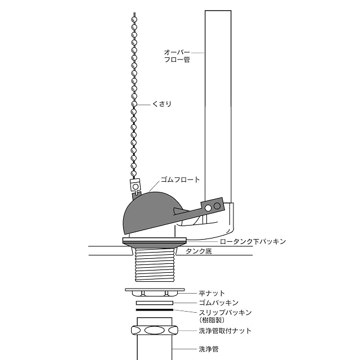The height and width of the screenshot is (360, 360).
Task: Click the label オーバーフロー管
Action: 177,56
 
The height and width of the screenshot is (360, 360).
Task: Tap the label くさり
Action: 162,104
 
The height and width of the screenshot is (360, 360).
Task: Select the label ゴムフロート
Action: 180,179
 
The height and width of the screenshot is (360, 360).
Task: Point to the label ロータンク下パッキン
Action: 253,241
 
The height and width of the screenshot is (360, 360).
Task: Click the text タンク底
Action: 199,251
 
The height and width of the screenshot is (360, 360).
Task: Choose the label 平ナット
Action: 211,293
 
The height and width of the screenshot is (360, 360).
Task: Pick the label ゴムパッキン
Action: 219,303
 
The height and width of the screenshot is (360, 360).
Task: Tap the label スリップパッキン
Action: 225,313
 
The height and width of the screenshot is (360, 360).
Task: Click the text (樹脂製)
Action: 211,320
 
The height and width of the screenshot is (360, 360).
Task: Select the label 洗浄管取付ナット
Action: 225,331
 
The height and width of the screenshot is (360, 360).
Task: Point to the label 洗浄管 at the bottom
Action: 209,349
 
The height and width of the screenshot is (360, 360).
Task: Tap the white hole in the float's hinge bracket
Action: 208,208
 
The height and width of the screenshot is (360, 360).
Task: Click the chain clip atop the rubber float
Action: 135,186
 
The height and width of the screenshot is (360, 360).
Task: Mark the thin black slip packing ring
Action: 155,310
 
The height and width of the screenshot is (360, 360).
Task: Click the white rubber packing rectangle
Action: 155,303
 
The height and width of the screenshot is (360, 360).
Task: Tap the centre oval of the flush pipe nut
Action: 155,331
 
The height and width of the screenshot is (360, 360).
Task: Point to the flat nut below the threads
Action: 155,292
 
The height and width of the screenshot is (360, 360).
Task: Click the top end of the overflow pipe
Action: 218,11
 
